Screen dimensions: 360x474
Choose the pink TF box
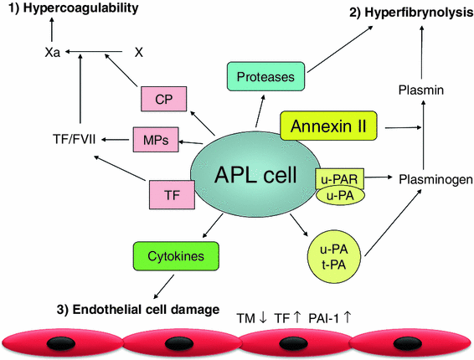pos(171,193)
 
